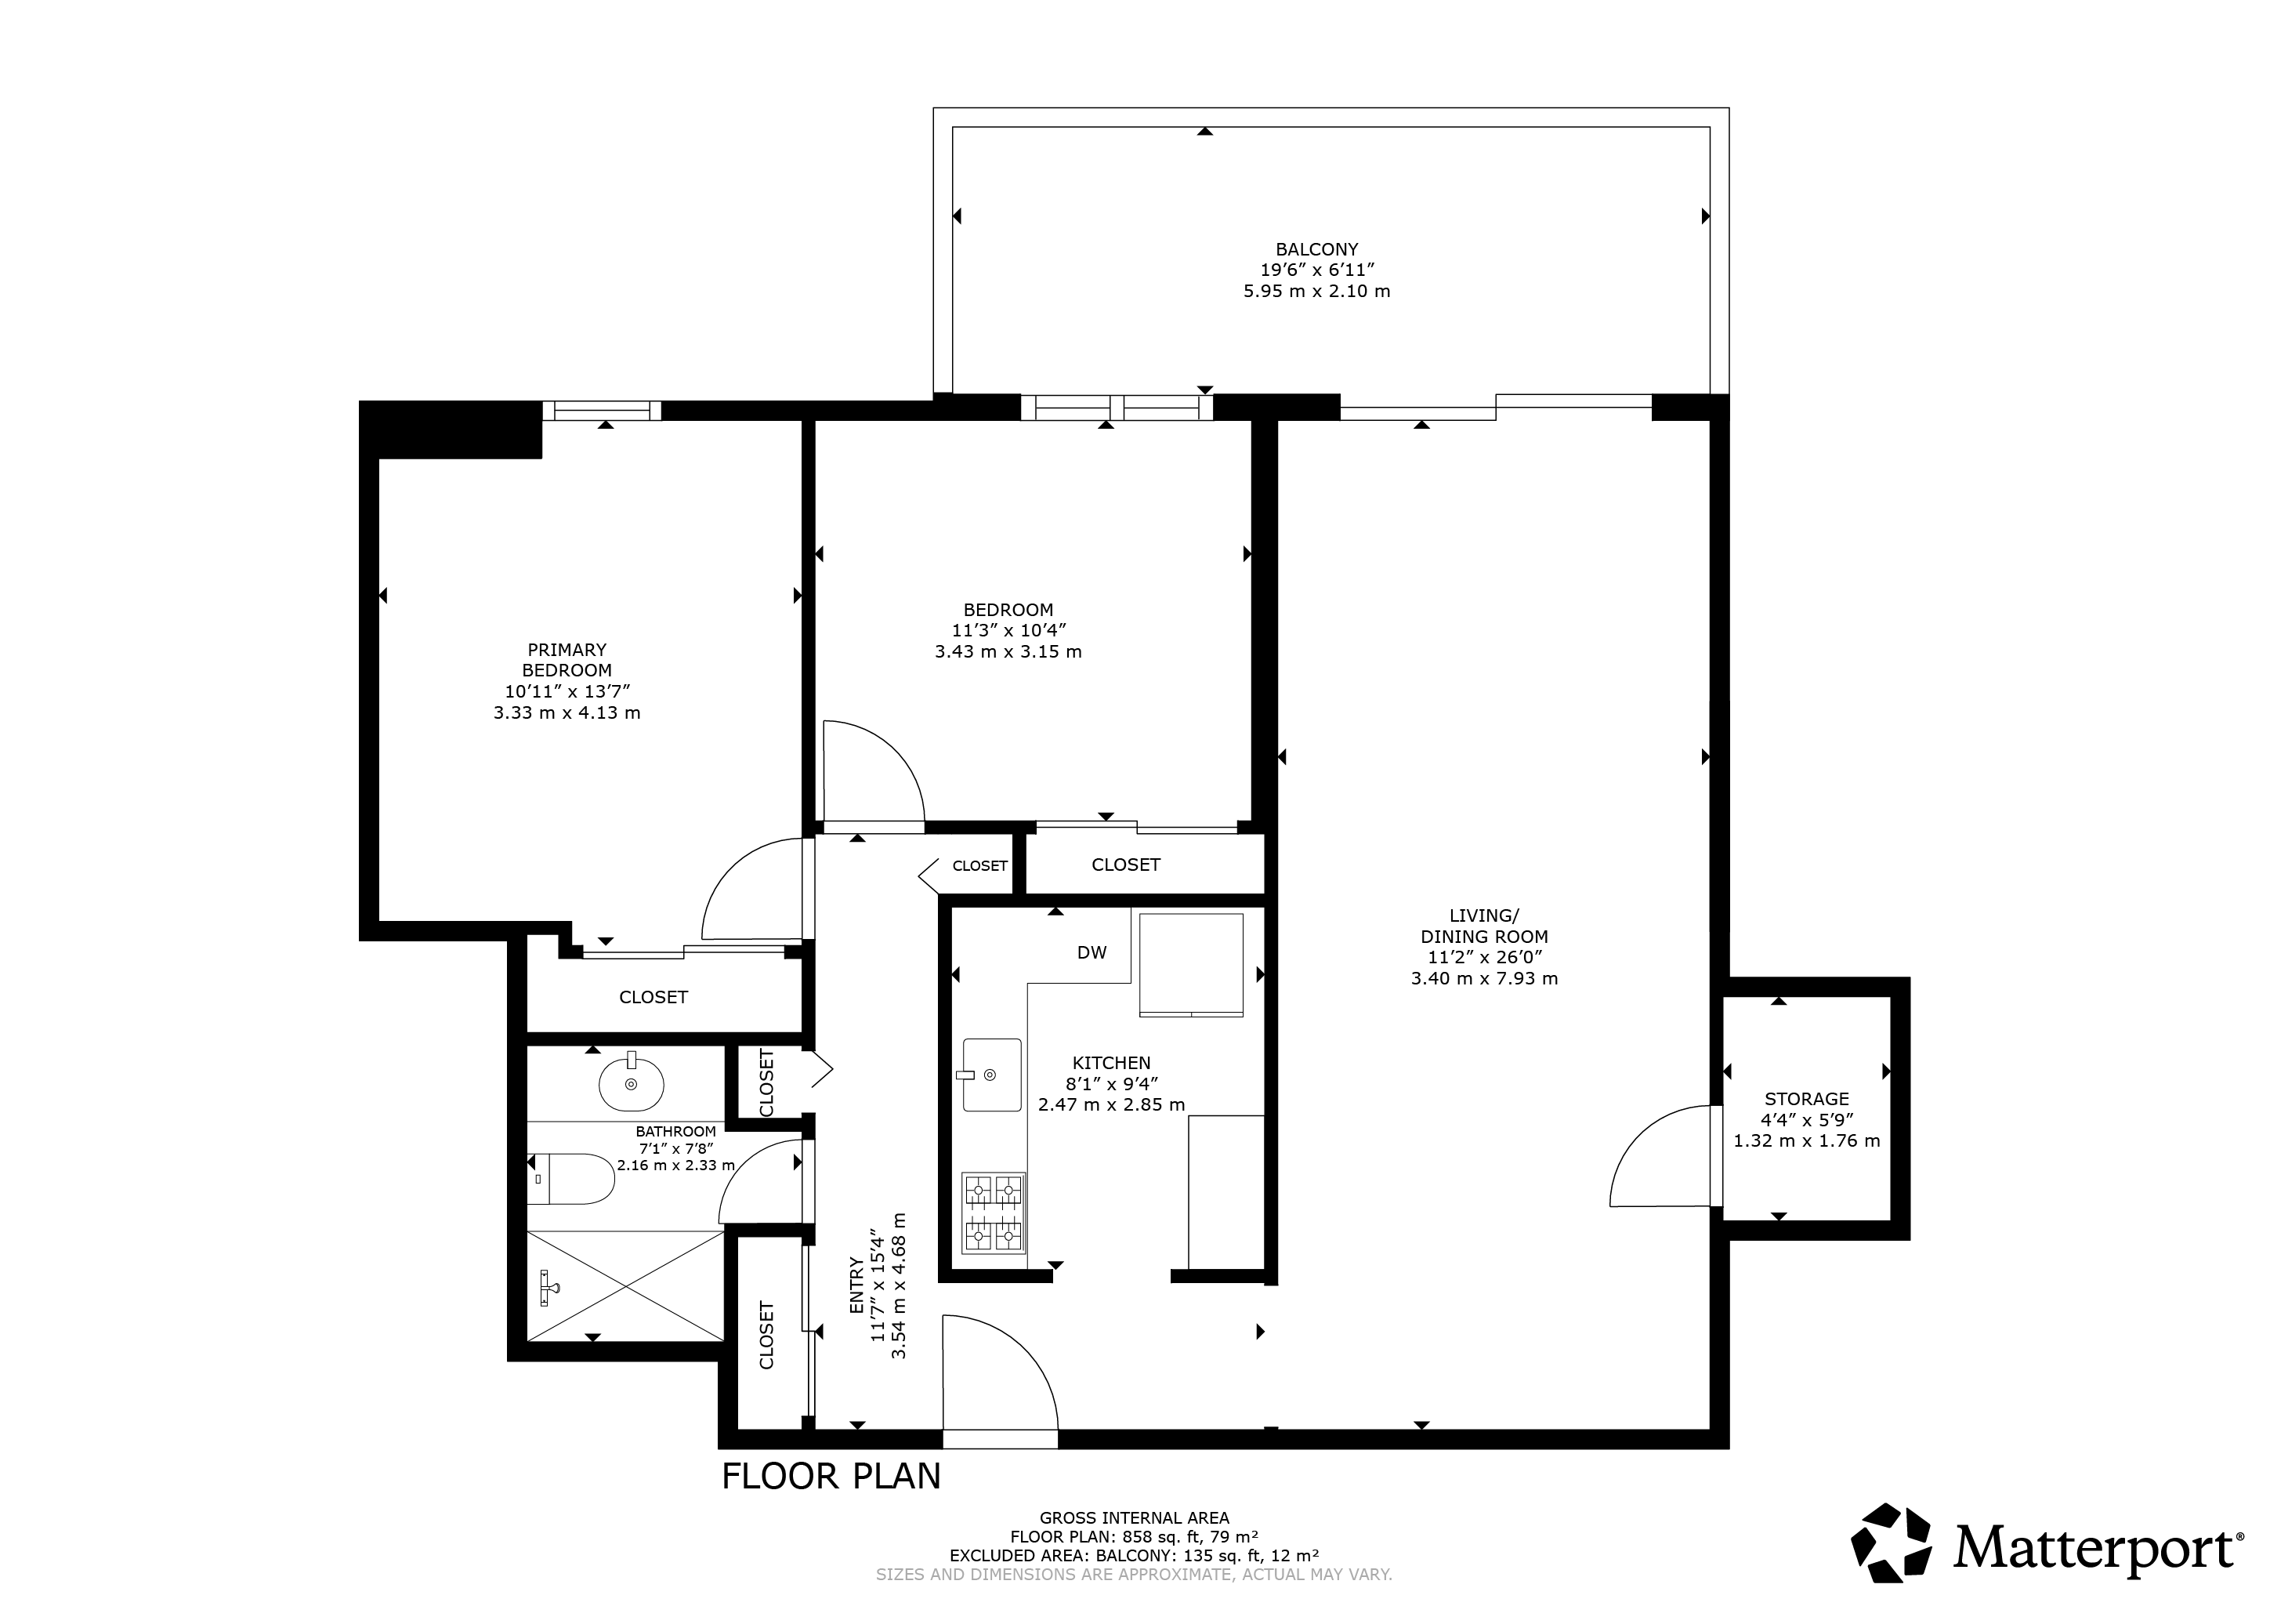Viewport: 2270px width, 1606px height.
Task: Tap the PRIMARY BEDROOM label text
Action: (x=567, y=660)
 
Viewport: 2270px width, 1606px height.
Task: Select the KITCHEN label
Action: (x=1111, y=1063)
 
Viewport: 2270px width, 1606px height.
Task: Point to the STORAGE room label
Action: (x=1806, y=1099)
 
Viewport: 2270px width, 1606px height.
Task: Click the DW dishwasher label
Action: (x=1092, y=952)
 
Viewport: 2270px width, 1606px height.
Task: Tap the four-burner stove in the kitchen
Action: (x=994, y=1213)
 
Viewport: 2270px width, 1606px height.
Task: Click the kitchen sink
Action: (x=992, y=1074)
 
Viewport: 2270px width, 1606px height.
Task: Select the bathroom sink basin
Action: (x=631, y=1084)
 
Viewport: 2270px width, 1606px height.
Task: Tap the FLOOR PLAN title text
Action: (x=831, y=1477)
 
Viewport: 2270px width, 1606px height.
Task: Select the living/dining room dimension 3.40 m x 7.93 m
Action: (x=1484, y=979)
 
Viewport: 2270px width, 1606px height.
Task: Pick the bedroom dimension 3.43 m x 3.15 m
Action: (x=1008, y=651)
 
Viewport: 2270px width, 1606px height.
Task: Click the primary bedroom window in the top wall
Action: (x=602, y=411)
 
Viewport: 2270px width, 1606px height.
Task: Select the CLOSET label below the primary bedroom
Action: (x=653, y=997)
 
